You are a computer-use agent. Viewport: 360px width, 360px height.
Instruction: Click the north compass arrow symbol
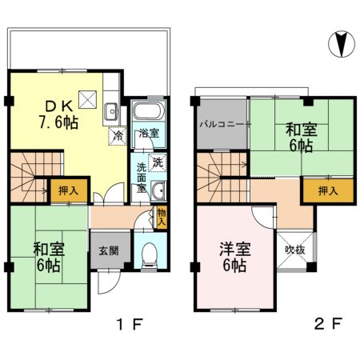pyautogui.click(x=341, y=43)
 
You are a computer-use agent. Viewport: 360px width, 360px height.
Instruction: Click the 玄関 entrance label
pyautogui.click(x=110, y=250)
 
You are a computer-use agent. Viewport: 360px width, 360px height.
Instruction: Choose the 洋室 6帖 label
pyautogui.click(x=234, y=258)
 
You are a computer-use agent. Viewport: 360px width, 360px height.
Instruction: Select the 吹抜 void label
pyautogui.click(x=294, y=250)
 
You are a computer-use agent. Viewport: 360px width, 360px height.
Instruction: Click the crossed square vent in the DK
pyautogui.click(x=88, y=99)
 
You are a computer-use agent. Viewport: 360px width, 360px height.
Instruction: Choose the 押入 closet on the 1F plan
pyautogui.click(x=68, y=190)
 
